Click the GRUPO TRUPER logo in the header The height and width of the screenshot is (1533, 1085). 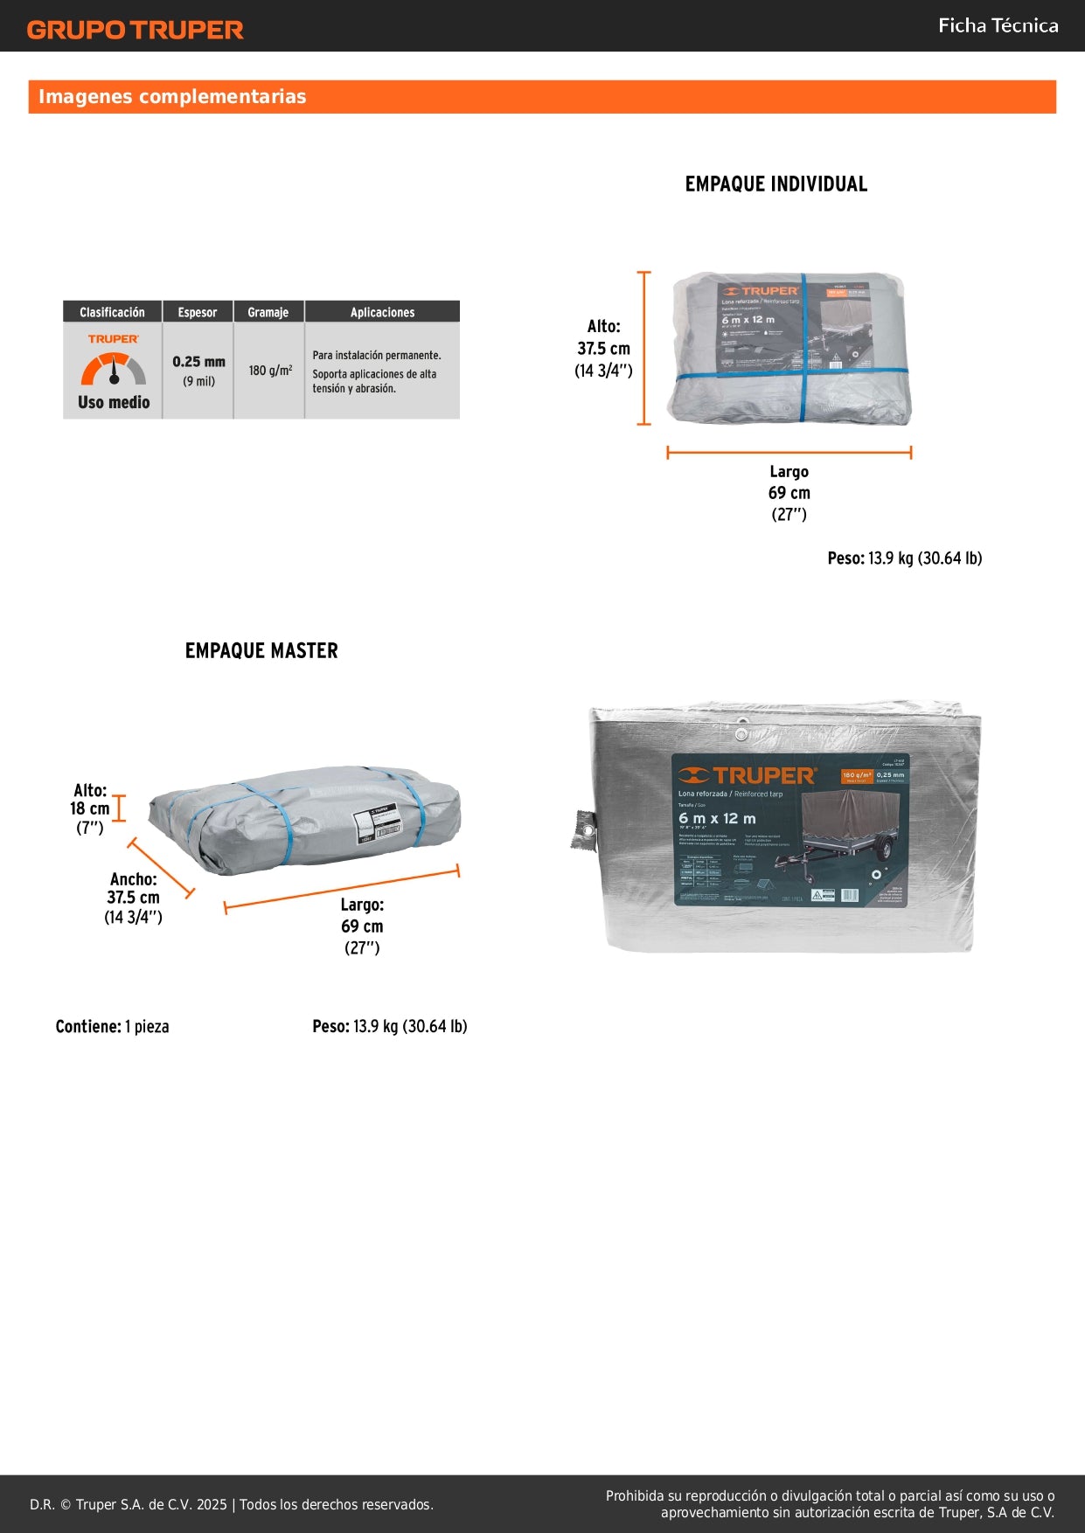click(136, 30)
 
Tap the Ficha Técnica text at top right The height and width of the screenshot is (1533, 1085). click(998, 26)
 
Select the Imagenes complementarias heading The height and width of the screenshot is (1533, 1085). click(172, 97)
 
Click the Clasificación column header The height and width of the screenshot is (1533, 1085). click(112, 312)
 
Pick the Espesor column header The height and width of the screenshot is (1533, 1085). click(198, 312)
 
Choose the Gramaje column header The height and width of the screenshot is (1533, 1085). click(268, 312)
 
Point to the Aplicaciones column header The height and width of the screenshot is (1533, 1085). click(382, 312)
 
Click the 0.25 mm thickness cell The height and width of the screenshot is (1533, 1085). click(198, 362)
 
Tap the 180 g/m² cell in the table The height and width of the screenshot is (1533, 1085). click(270, 371)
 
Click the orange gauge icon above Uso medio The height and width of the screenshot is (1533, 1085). click(114, 369)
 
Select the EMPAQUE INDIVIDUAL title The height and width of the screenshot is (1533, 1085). click(776, 184)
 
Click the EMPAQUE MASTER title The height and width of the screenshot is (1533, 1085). click(261, 651)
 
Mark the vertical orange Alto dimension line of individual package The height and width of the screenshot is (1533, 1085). click(644, 349)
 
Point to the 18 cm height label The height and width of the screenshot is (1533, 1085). click(89, 809)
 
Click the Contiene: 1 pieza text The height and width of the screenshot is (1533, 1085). click(112, 1027)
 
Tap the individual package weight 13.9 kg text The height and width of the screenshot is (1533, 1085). click(905, 558)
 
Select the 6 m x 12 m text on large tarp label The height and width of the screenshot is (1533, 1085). click(717, 819)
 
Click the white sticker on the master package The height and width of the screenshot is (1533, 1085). click(375, 823)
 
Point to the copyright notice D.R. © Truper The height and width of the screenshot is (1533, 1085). click(232, 1504)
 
